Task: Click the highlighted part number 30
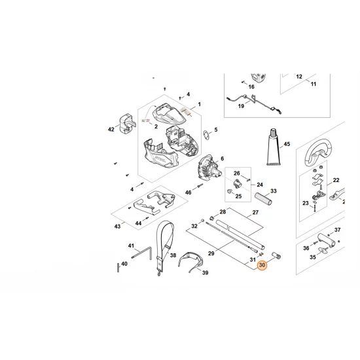pyautogui.click(x=262, y=266)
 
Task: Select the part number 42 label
pyautogui.click(x=112, y=130)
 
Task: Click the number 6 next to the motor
pyautogui.click(x=222, y=158)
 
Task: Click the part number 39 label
pyautogui.click(x=204, y=272)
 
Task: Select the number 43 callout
pyautogui.click(x=117, y=226)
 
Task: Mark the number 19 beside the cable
pyautogui.click(x=240, y=106)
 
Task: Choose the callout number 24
pyautogui.click(x=259, y=184)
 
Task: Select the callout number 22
pyautogui.click(x=336, y=180)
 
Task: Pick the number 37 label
pyautogui.click(x=338, y=230)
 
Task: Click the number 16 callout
pyautogui.click(x=251, y=86)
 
